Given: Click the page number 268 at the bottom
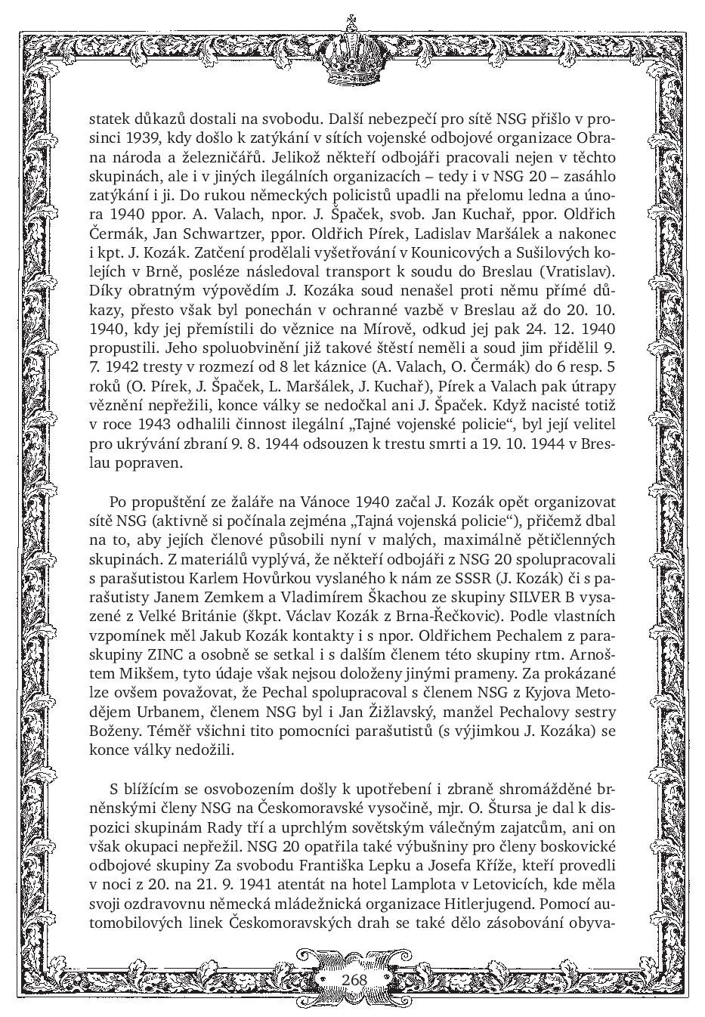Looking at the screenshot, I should [x=354, y=980].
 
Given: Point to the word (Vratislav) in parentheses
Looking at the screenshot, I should [x=577, y=272].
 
